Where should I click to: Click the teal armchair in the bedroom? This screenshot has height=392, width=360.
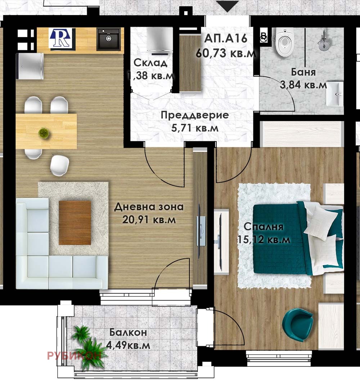tap(297, 324)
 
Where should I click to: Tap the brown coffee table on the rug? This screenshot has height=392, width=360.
tap(75, 222)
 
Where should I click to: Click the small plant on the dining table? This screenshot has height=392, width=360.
tap(44, 132)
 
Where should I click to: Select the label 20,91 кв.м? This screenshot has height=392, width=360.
tap(149, 220)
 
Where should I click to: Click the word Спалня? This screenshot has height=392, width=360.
tap(263, 227)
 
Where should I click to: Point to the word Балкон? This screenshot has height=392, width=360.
tap(128, 333)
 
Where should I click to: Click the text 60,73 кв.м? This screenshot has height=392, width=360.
tap(226, 53)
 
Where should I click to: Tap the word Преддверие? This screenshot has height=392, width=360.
tap(195, 115)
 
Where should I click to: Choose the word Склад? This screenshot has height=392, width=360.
tap(150, 63)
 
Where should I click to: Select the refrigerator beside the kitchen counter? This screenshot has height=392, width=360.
tap(30, 66)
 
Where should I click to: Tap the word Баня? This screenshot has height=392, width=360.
tap(303, 72)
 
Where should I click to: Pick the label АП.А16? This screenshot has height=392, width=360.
tap(226, 39)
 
